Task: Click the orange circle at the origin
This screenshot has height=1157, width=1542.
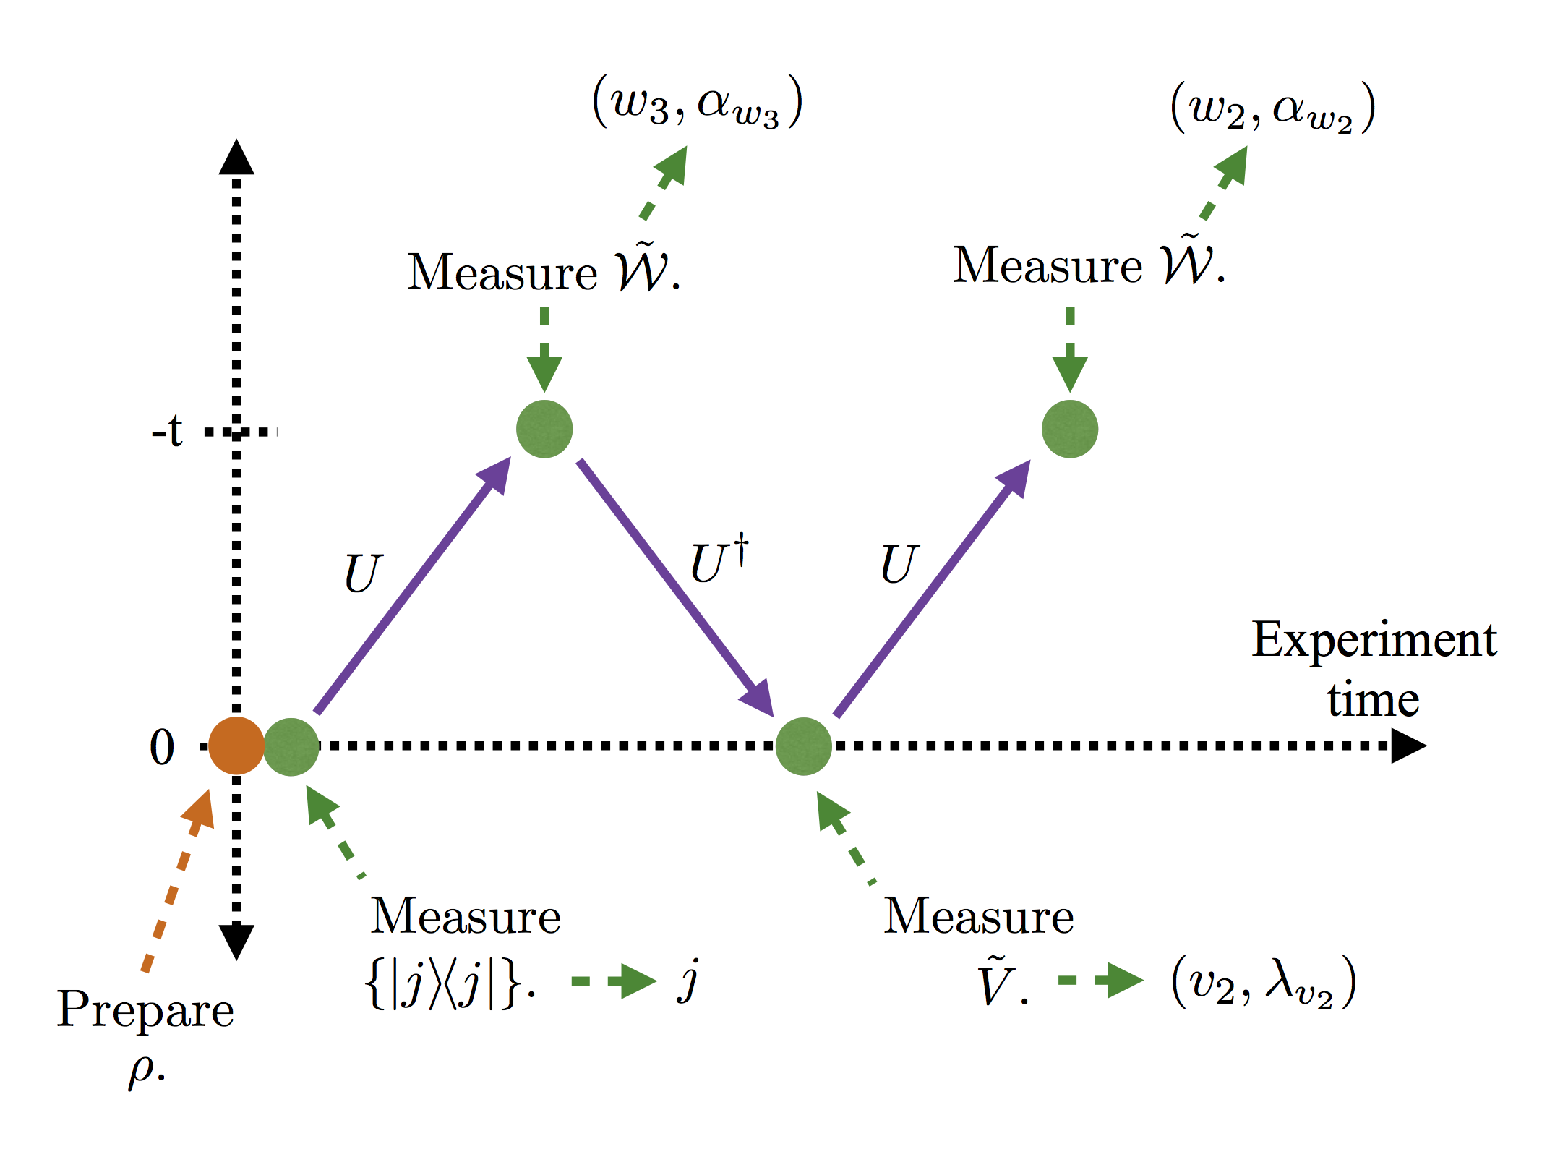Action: [236, 746]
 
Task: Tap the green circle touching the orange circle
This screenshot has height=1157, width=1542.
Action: [291, 746]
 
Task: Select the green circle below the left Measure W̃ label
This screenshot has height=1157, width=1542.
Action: [544, 429]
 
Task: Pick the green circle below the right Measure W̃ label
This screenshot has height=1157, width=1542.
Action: [1070, 429]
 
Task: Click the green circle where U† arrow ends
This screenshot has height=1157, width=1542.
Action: [803, 746]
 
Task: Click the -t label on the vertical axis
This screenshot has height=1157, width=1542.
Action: [167, 431]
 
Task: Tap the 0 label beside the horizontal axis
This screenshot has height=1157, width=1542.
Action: [162, 747]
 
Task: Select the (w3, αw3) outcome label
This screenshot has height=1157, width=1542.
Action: [697, 103]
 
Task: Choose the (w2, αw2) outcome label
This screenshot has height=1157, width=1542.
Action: [1272, 108]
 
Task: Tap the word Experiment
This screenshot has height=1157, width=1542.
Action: [1374, 640]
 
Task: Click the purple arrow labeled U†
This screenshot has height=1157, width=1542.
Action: [672, 582]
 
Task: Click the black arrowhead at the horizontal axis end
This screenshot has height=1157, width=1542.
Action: [1408, 746]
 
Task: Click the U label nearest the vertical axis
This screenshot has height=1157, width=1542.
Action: [361, 573]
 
